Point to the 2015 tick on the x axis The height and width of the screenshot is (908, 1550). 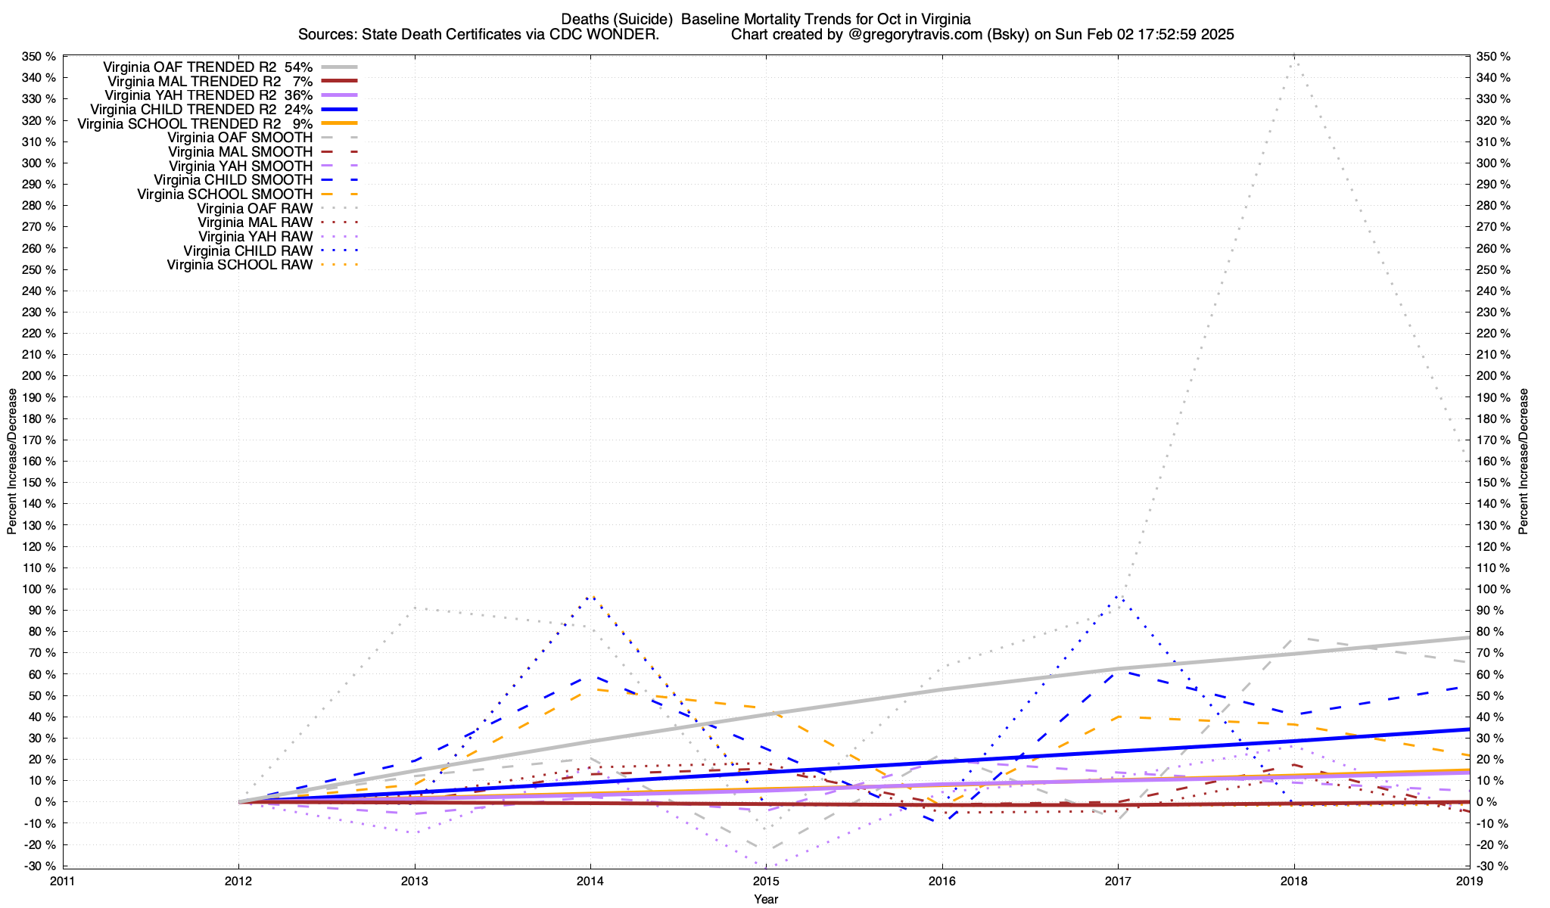[x=766, y=881]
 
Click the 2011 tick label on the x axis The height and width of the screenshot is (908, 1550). [x=63, y=881]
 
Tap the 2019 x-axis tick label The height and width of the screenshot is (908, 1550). [x=1470, y=881]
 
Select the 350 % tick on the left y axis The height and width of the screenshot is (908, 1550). [x=39, y=57]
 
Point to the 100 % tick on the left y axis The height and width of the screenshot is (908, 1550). [x=39, y=589]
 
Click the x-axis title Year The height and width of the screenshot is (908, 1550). [x=766, y=899]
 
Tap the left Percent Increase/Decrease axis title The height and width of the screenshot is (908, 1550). [x=11, y=462]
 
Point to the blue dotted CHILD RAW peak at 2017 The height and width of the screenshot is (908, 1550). [x=1118, y=597]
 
